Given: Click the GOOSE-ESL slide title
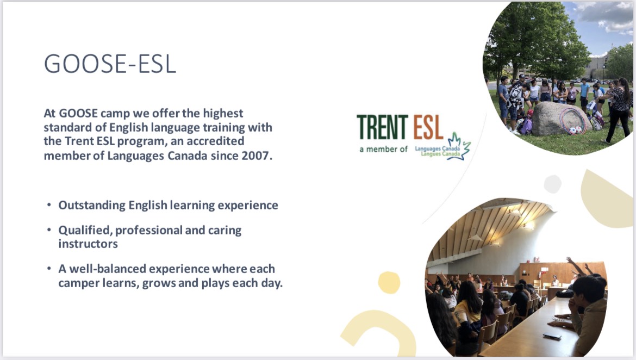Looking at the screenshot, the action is click(x=110, y=64).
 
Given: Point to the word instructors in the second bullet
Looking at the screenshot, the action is click(x=88, y=244).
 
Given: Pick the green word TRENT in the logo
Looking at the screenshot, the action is click(x=383, y=127).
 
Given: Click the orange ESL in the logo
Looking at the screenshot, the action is click(x=428, y=127).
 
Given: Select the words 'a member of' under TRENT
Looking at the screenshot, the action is click(x=383, y=150).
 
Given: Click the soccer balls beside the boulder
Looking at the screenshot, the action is click(x=576, y=131).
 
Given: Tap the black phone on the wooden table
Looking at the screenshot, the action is click(x=552, y=336).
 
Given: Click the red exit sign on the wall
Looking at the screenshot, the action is click(x=537, y=259).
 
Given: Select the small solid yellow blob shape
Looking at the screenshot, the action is click(x=389, y=282).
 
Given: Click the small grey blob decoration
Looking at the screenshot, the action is click(x=552, y=184).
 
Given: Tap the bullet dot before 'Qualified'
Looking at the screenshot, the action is click(x=49, y=230).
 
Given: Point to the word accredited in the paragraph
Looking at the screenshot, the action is click(x=215, y=141).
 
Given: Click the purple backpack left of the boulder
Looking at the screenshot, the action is click(x=527, y=126).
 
